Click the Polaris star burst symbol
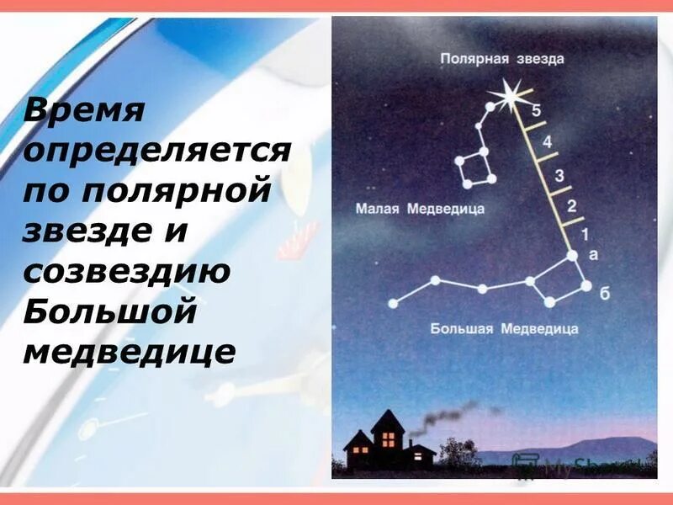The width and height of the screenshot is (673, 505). (510, 96)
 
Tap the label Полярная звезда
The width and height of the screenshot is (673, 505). (502, 59)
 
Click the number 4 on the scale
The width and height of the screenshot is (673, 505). (547, 142)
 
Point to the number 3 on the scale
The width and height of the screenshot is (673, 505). (558, 175)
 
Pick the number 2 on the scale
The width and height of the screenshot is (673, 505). (572, 206)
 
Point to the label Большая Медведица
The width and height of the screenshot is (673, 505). (504, 327)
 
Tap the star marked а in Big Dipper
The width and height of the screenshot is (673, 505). (572, 255)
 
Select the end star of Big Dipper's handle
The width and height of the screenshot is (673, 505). (392, 303)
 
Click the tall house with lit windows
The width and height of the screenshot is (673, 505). (387, 438)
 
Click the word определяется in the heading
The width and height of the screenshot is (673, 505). (157, 152)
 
